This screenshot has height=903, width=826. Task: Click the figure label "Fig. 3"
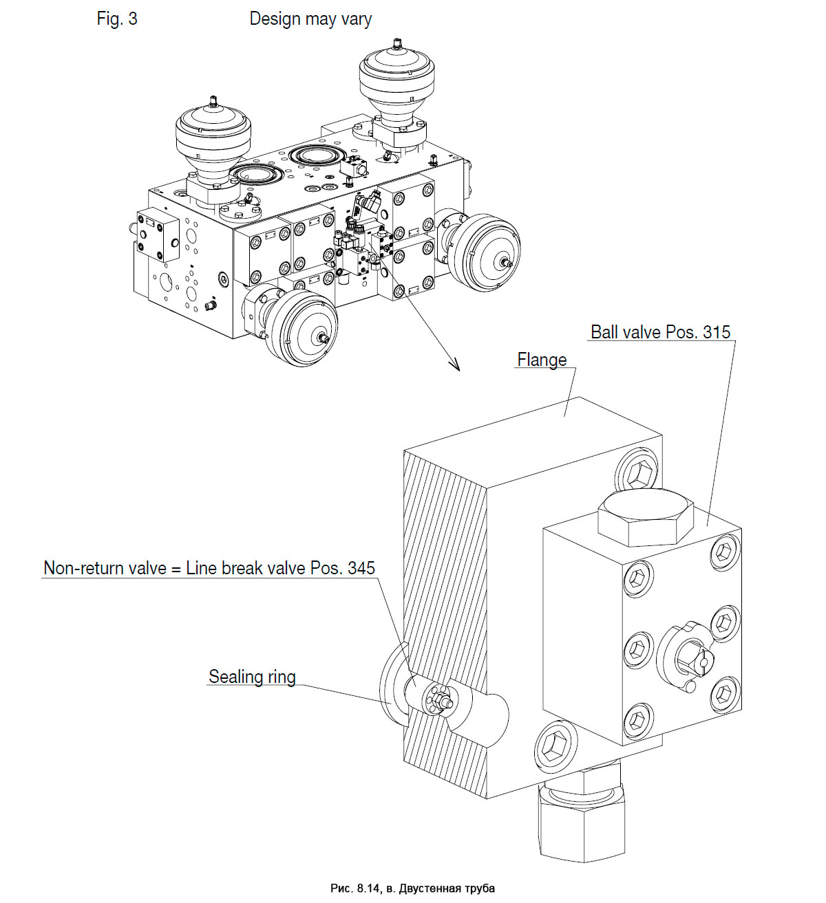coord(117,19)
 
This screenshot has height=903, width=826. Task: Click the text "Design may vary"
coord(310,19)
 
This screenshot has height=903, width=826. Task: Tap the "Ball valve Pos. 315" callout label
coord(660,332)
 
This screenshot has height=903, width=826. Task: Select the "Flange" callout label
coord(542,360)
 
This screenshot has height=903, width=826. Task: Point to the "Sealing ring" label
coord(252,677)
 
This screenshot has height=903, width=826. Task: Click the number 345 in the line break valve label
coord(361,568)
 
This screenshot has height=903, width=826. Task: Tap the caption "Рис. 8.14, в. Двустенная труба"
coord(412,888)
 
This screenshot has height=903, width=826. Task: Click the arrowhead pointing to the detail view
coord(454,365)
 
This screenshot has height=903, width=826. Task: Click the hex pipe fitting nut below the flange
coord(582,825)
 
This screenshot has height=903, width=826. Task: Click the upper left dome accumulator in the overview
coord(213,138)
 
